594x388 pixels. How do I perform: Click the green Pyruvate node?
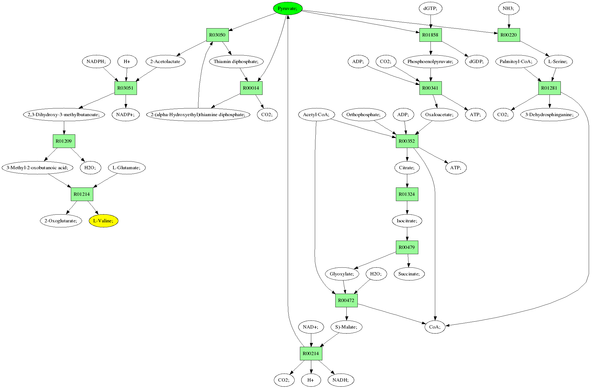click(x=287, y=9)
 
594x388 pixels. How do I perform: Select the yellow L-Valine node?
click(x=103, y=221)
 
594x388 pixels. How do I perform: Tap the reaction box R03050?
click(x=217, y=35)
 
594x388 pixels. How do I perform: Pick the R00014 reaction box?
click(x=251, y=88)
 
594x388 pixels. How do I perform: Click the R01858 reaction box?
click(x=430, y=35)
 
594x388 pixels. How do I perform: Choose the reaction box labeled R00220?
click(x=509, y=35)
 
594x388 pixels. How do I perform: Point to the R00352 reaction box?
click(x=407, y=141)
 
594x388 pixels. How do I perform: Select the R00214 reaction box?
click(x=311, y=353)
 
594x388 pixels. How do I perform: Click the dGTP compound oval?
click(x=430, y=9)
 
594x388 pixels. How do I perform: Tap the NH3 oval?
click(x=509, y=9)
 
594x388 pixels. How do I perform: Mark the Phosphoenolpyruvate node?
click(x=430, y=61)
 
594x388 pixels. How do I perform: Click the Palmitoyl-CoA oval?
click(x=516, y=61)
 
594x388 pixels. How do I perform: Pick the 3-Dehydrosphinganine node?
click(x=549, y=114)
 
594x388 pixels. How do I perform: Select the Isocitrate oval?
click(x=407, y=221)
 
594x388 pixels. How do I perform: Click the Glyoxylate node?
click(x=342, y=274)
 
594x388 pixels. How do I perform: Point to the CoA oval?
click(x=435, y=327)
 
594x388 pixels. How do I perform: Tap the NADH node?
click(x=341, y=380)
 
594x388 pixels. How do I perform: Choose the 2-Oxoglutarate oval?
click(x=61, y=221)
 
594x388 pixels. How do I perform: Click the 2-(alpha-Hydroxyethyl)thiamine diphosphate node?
click(x=198, y=114)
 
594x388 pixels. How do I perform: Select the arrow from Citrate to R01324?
click(x=407, y=181)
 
